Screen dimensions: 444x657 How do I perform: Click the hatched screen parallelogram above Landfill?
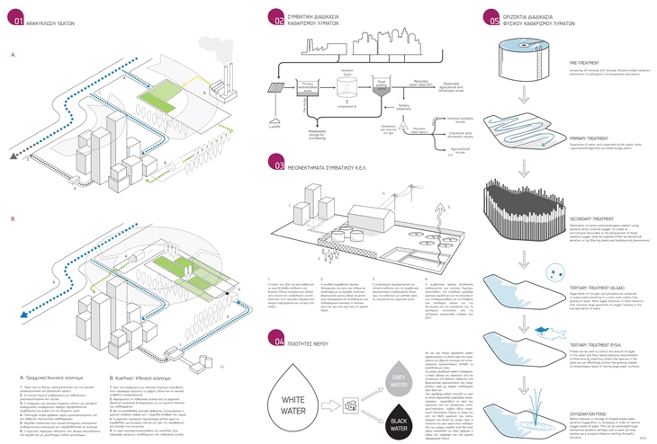pyautogui.click(x=275, y=88)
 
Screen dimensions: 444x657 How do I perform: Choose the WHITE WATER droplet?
pyautogui.click(x=309, y=387)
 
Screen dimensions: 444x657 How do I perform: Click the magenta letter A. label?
pyautogui.click(x=13, y=55)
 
